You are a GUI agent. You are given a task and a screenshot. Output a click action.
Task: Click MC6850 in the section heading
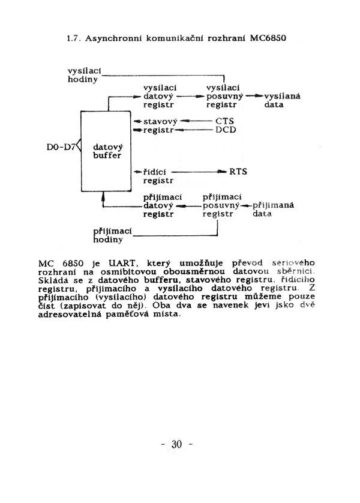pos(268,38)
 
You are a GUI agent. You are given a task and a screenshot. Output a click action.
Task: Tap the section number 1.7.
pos(73,38)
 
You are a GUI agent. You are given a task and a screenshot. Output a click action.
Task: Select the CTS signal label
pos(225,121)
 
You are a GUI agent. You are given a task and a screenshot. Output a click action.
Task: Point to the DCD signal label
pos(226,130)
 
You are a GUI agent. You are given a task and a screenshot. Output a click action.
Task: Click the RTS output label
pos(238,172)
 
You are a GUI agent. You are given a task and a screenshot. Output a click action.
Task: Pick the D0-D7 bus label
pos(61,147)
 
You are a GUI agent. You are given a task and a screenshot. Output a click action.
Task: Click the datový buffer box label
pos(107,151)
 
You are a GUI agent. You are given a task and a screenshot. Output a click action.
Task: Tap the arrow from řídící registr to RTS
pos(199,172)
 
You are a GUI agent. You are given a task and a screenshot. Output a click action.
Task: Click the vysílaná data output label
pos(282,100)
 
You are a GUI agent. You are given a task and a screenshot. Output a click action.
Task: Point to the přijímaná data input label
pos(273,209)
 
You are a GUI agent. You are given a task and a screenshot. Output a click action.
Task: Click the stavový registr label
pos(160,125)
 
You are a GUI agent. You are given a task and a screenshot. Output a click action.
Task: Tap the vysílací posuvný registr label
pos(224,96)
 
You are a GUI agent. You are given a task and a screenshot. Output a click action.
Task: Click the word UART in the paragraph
pos(123,264)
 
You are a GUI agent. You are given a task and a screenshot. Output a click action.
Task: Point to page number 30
pos(176,444)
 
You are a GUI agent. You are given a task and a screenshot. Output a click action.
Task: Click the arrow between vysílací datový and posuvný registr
pos(190,96)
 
